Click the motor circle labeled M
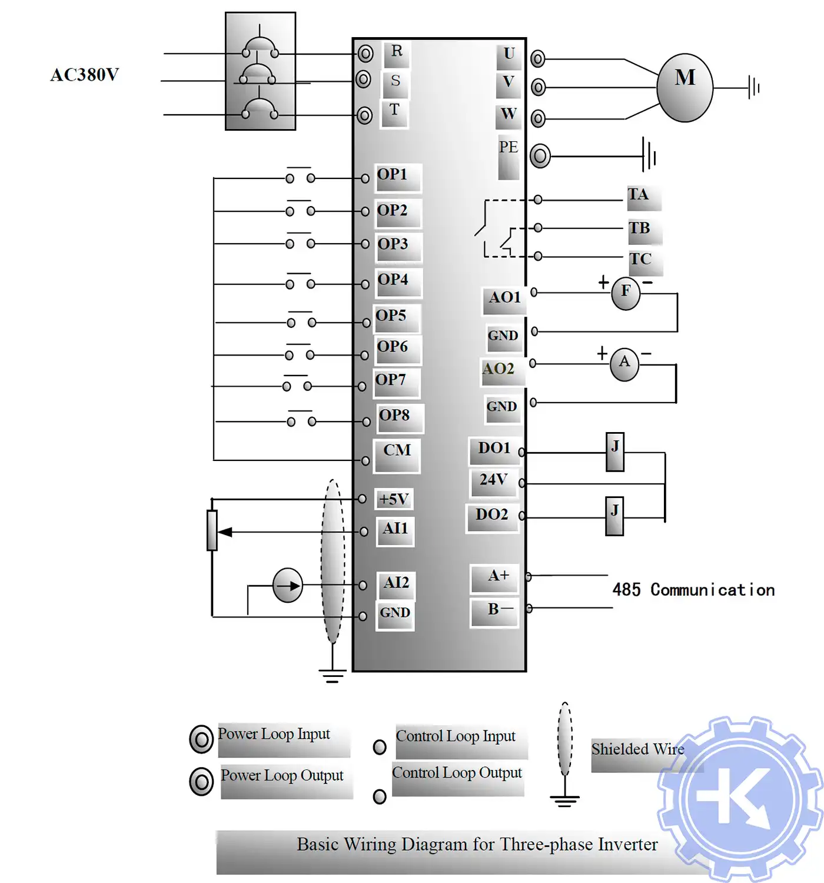[x=685, y=88]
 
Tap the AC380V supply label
[x=84, y=75]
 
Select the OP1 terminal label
[x=393, y=175]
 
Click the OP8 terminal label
[x=394, y=416]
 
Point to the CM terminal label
[x=397, y=451]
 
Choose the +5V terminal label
[x=394, y=499]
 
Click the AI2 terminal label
[x=396, y=583]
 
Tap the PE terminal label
[x=509, y=147]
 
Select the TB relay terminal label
[x=639, y=228]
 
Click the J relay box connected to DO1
[x=614, y=452]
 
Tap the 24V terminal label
[x=493, y=480]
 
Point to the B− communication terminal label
[x=500, y=610]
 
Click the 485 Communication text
[x=693, y=590]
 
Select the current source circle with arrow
[x=288, y=586]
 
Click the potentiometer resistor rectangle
[x=212, y=530]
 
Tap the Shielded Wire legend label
[x=637, y=749]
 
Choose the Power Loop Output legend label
[x=282, y=776]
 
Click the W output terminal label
[x=509, y=114]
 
